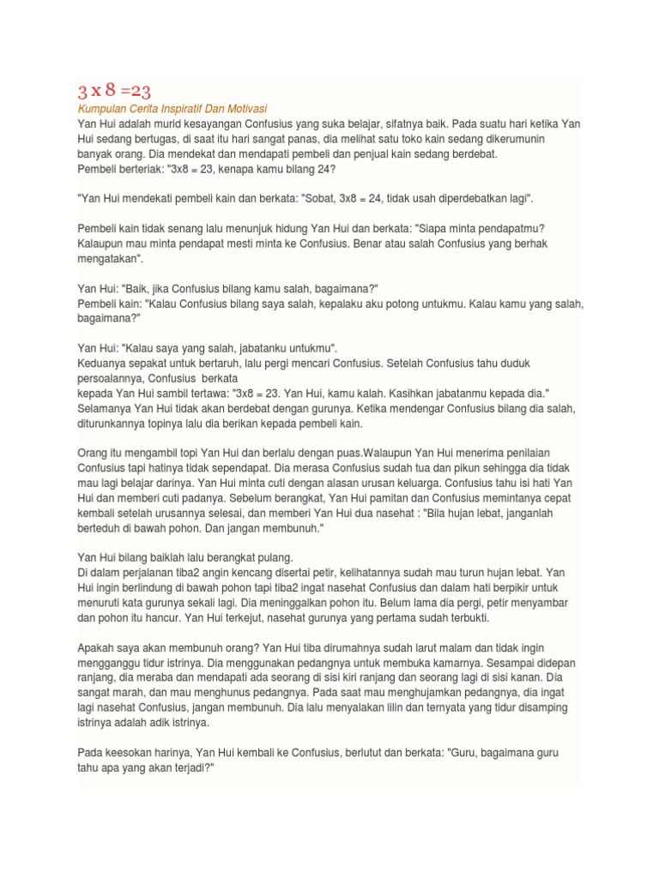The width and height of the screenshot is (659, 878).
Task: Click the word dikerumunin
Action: (517, 139)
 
